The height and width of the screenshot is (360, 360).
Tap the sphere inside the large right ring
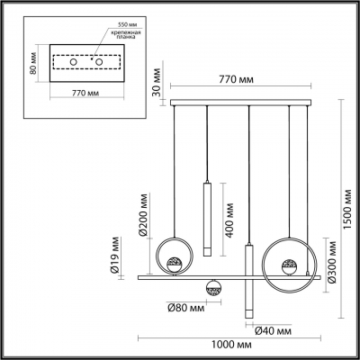[290, 267]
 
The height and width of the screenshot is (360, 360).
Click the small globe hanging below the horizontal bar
[214, 289]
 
